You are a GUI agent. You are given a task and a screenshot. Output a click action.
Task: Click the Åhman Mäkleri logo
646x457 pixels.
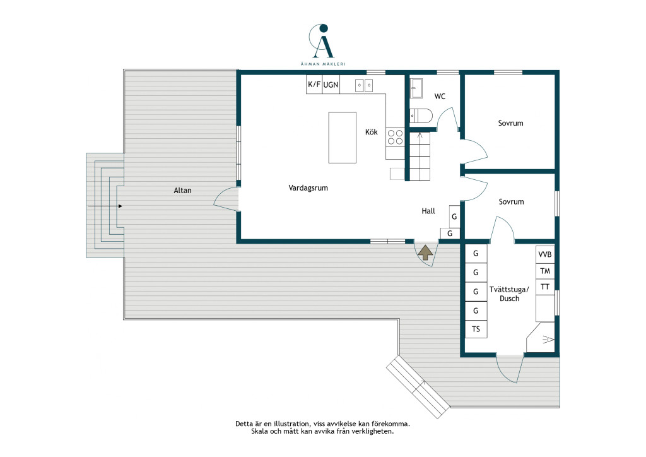pyautogui.click(x=322, y=45)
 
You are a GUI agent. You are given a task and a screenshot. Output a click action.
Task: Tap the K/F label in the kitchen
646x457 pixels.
pyautogui.click(x=314, y=85)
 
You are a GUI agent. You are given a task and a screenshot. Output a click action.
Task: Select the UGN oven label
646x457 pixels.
pyautogui.click(x=331, y=85)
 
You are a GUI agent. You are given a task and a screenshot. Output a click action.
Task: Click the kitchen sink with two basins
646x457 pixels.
pyautogui.click(x=364, y=85)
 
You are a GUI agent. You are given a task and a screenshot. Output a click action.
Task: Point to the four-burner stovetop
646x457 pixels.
pyautogui.click(x=395, y=137)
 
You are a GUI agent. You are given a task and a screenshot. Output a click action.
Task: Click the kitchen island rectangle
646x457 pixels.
pyautogui.click(x=343, y=138)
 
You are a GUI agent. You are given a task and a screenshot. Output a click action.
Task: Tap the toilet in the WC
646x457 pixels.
pyautogui.click(x=421, y=116)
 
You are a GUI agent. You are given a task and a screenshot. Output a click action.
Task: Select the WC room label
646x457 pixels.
pyautogui.click(x=440, y=97)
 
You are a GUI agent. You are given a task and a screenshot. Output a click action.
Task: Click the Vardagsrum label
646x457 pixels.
pyautogui.click(x=308, y=188)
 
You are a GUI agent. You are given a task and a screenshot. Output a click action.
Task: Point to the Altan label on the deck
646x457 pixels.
pyautogui.click(x=182, y=191)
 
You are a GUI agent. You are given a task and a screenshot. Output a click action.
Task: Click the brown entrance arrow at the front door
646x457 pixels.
pyautogui.click(x=426, y=252)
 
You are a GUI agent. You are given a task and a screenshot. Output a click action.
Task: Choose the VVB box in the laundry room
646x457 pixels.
pyautogui.click(x=545, y=254)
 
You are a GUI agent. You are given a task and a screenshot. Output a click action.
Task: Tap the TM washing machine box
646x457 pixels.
pyautogui.click(x=545, y=271)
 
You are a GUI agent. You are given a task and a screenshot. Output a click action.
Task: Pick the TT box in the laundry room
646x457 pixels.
pyautogui.click(x=545, y=287)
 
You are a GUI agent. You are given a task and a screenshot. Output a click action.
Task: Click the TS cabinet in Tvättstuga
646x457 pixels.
pyautogui.click(x=476, y=329)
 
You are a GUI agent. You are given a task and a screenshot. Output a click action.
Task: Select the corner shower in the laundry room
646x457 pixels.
pyautogui.click(x=542, y=338)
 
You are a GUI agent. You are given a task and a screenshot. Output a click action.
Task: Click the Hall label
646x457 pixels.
pyautogui.click(x=428, y=211)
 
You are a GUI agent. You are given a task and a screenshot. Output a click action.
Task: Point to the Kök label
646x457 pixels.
pyautogui.click(x=371, y=132)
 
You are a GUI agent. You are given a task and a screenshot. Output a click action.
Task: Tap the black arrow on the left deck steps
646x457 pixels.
pyautogui.click(x=105, y=206)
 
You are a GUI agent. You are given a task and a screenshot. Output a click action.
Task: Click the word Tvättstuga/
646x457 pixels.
pyautogui.click(x=509, y=289)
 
